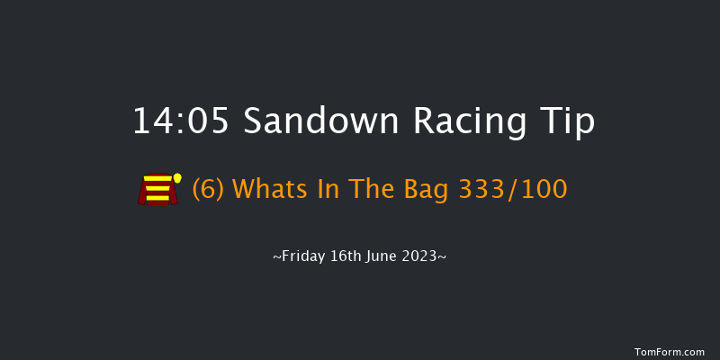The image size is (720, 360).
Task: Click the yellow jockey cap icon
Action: click(x=177, y=178)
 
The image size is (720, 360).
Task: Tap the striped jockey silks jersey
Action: click(x=157, y=190)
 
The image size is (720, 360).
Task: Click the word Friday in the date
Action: click(x=303, y=256)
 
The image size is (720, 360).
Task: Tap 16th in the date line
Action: click(x=346, y=256)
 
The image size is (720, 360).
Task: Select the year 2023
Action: click(x=422, y=256)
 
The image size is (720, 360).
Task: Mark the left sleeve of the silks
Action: click(x=142, y=193)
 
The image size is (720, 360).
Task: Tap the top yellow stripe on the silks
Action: click(x=157, y=180)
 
